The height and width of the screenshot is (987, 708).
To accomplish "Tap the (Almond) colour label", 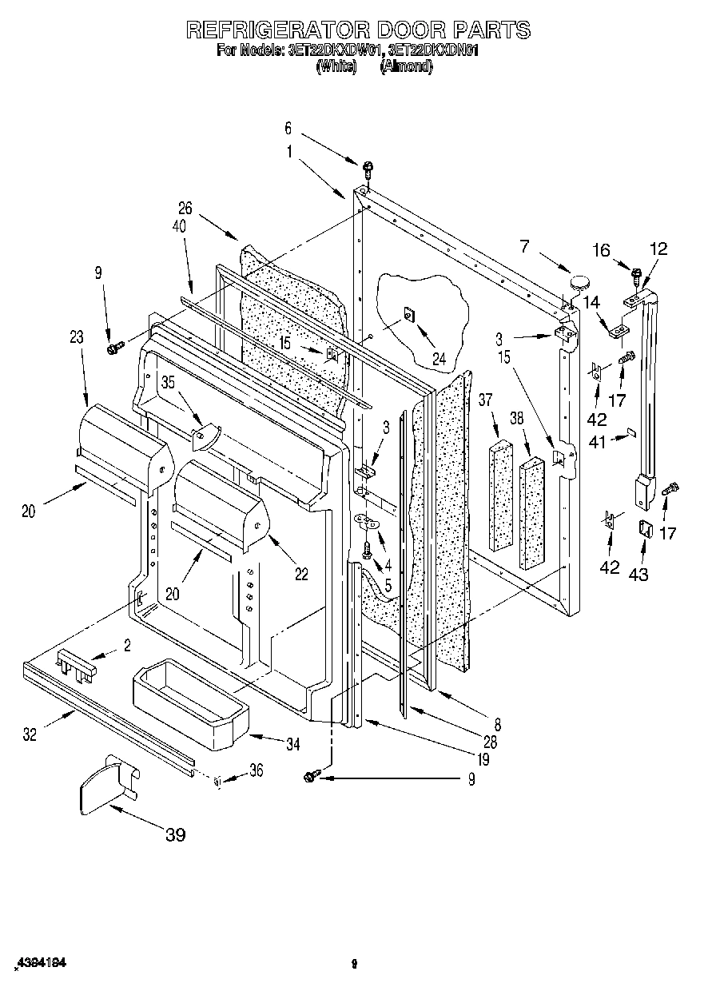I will (x=407, y=68).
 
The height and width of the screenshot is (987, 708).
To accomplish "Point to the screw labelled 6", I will (x=368, y=168).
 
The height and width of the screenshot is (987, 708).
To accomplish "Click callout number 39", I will (x=175, y=834).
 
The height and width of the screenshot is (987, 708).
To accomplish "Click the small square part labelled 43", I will (x=645, y=529).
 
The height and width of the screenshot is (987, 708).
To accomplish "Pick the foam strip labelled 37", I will (x=501, y=495).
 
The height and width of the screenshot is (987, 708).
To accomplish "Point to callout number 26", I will (x=185, y=209).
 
